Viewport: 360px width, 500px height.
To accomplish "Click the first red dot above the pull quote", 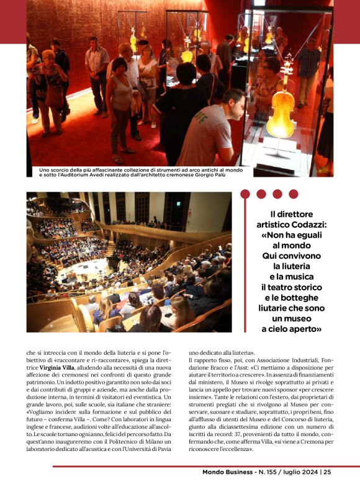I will pos(246,194).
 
